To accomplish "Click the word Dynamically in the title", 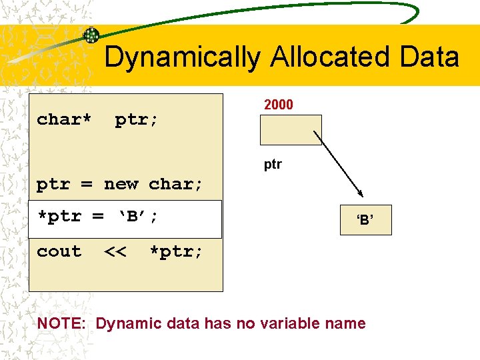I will click(182, 57).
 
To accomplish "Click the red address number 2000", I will click(279, 105).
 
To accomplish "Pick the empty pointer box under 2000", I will click(291, 130).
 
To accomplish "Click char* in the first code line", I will click(64, 120).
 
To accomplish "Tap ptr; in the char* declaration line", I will click(137, 120).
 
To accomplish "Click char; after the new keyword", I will click(176, 185).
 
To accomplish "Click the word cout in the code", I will click(59, 252).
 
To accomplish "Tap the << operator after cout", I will click(115, 252).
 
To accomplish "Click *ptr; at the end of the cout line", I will click(176, 252).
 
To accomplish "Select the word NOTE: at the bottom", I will click(63, 324).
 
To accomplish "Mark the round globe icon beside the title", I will click(91, 35).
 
